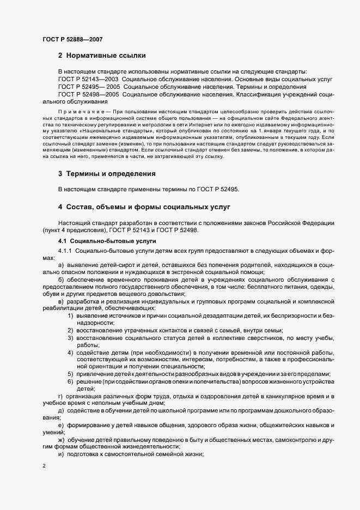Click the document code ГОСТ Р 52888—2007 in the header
point(72,39)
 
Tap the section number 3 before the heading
point(60,174)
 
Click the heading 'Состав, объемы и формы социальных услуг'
point(141,207)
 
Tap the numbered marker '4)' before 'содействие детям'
point(71,353)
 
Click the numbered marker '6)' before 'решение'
point(71,381)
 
